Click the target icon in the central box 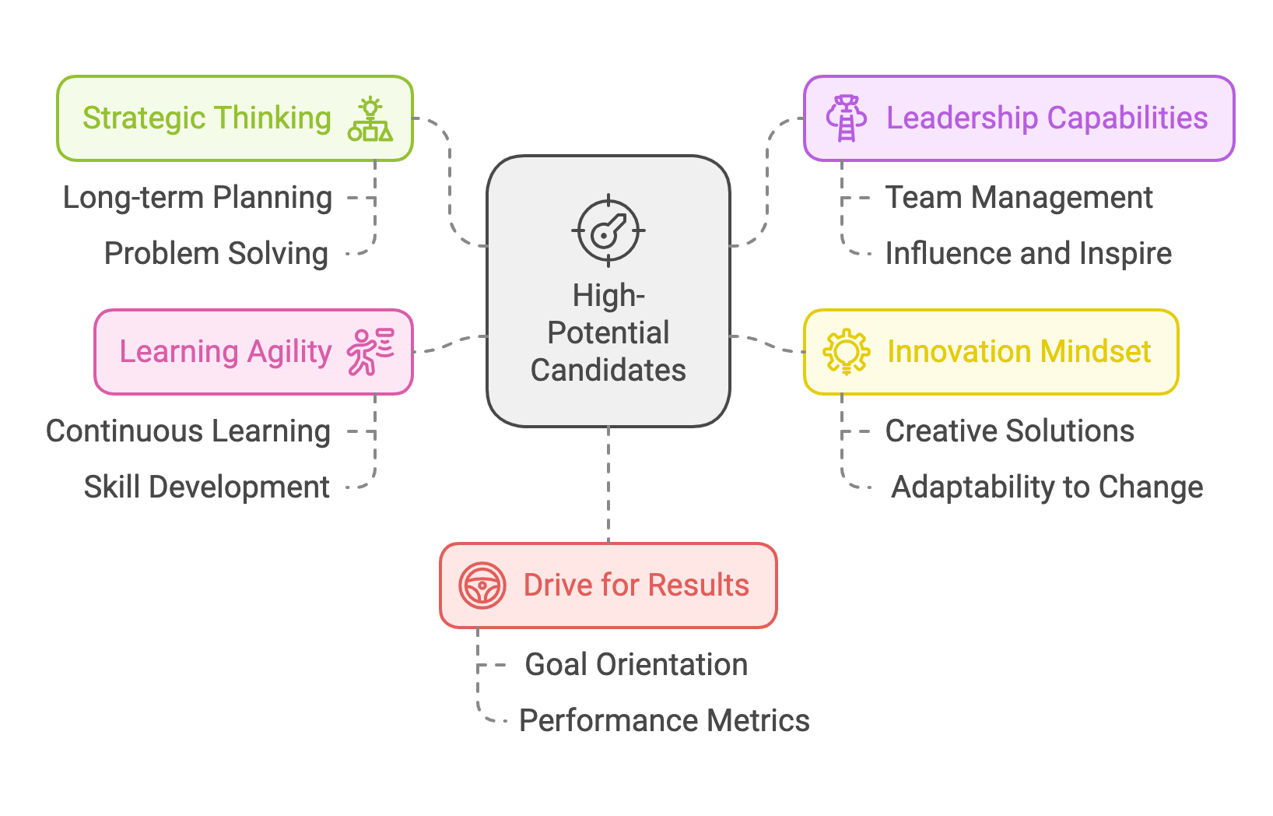click(608, 231)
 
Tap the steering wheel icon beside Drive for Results click(482, 586)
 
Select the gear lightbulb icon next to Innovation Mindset click(846, 352)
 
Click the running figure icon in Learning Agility click(370, 352)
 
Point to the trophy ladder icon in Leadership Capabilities click(846, 118)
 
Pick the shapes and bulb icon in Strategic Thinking click(370, 119)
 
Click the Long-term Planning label click(198, 198)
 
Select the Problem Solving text click(216, 254)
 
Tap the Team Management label click(1019, 198)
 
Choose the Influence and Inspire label click(1028, 254)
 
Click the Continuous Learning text click(188, 431)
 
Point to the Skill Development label click(207, 487)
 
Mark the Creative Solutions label click(1009, 431)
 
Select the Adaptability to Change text click(1047, 487)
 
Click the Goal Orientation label click(636, 665)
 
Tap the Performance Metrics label click(665, 721)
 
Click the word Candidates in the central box click(608, 371)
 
